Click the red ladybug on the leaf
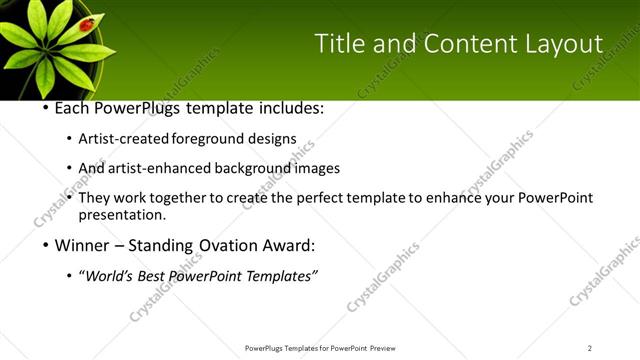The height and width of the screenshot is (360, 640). point(87,23)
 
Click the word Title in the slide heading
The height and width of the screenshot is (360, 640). point(338,43)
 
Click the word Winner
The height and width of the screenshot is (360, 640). point(82,245)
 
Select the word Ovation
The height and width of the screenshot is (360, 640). point(232,245)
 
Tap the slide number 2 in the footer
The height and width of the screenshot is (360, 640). point(589,348)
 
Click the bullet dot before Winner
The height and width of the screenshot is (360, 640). point(46,245)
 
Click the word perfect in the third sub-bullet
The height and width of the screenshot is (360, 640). point(319,198)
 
